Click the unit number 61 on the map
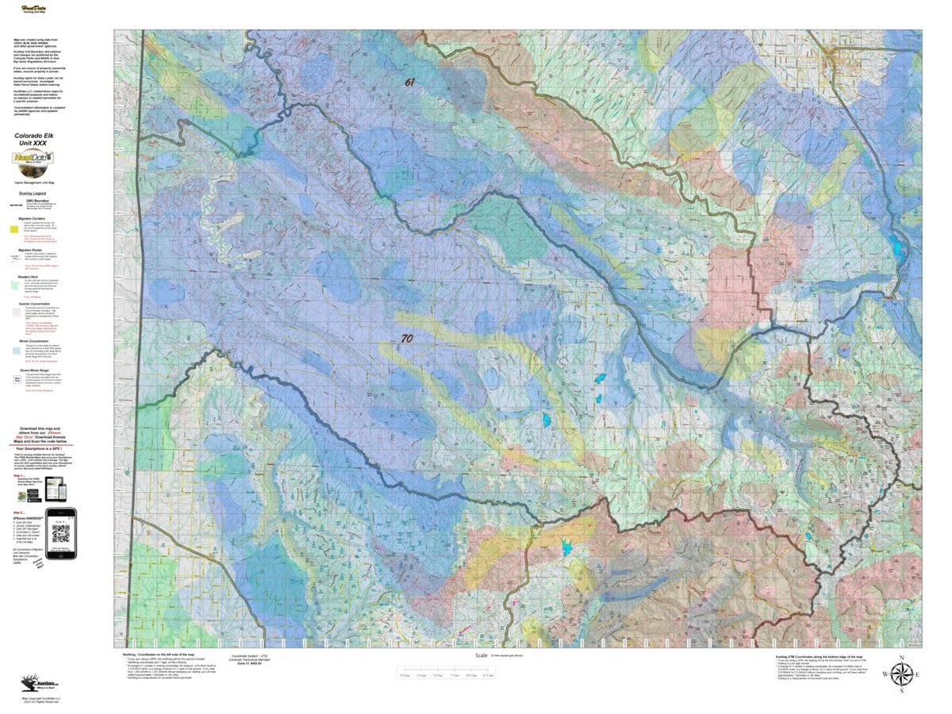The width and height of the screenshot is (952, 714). (x=409, y=82)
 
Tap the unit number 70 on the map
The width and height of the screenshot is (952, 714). (x=406, y=338)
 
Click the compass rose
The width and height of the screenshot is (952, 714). (x=901, y=674)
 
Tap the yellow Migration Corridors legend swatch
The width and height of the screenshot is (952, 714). (x=13, y=228)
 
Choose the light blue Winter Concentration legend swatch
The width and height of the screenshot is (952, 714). (x=13, y=350)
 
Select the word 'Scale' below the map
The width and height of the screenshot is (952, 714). (x=481, y=655)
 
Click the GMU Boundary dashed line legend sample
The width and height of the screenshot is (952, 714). (x=13, y=204)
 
